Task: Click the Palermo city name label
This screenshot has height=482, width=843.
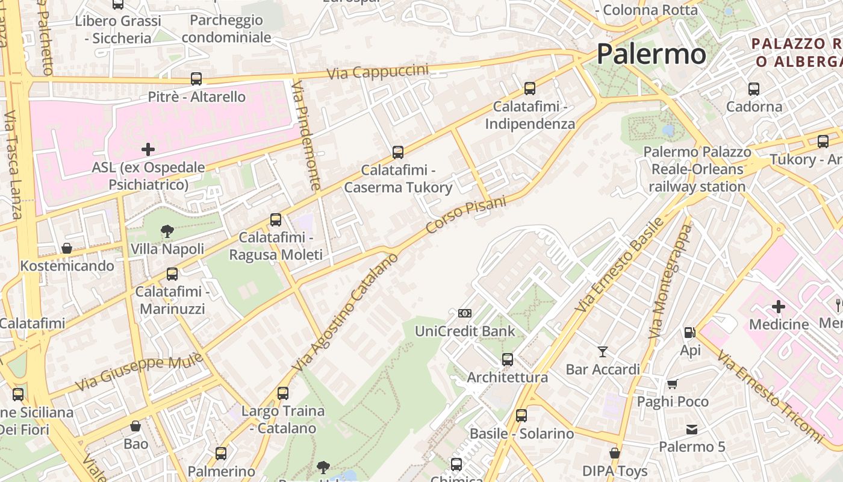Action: coord(651,54)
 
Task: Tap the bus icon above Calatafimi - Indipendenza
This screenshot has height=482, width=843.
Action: coord(530,89)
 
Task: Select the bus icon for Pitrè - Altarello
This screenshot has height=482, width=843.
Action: coord(196,79)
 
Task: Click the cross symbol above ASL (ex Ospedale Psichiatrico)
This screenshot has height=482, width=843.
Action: coord(148,149)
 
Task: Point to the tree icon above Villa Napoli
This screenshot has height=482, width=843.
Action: coord(167,231)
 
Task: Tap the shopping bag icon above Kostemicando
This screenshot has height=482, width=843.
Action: coord(67,248)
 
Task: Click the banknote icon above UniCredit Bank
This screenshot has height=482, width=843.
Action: coord(465,313)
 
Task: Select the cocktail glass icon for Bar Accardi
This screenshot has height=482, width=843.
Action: coord(603,351)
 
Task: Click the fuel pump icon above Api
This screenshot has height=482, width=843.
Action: coord(690,333)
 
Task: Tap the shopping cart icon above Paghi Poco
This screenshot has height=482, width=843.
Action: coord(673,384)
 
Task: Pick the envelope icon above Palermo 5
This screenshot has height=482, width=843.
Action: coord(691,430)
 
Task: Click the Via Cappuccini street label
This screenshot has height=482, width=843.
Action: coord(378,72)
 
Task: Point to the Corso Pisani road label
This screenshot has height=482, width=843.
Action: coord(466,215)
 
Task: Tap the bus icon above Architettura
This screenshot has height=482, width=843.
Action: coord(508,360)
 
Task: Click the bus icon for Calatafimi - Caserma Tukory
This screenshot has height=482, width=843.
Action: coord(397,152)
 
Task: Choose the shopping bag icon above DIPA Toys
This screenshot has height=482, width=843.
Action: coord(615,453)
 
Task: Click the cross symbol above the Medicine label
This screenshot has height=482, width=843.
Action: coord(779,307)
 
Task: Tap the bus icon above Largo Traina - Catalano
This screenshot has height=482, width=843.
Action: coord(283,393)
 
